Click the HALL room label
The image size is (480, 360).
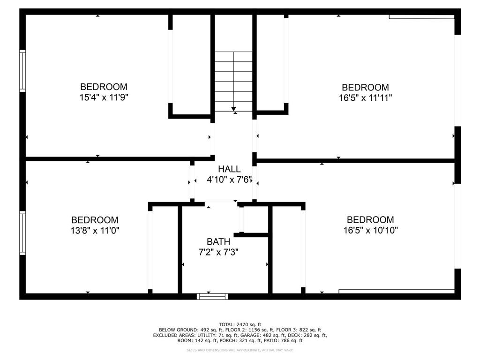[x=229, y=169]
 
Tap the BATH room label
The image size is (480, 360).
[x=218, y=242]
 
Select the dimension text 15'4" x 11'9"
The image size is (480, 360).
[x=104, y=97]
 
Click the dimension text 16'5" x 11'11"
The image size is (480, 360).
[x=365, y=98]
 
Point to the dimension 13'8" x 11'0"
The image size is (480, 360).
[x=95, y=231]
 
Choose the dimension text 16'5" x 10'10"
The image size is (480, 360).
[x=370, y=230]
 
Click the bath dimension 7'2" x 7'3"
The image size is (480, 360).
[x=218, y=253]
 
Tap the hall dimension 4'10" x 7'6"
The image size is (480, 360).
[x=230, y=180]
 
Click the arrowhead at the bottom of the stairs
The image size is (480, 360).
[x=233, y=109]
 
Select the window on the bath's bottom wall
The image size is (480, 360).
[x=212, y=296]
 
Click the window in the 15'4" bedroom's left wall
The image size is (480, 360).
[x=22, y=71]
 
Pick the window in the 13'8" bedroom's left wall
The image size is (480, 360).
[x=22, y=232]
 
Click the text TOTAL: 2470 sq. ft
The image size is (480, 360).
[x=240, y=324]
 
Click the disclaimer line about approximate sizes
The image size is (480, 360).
[x=240, y=350]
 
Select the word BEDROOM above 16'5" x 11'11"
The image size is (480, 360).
[x=365, y=87]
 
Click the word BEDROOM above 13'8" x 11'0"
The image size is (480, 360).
[x=95, y=220]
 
